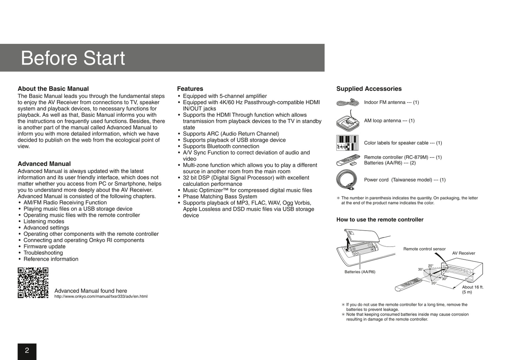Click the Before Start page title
point(73,58)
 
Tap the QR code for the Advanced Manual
point(33,283)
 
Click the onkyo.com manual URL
point(101,297)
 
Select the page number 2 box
point(27,351)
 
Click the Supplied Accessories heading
point(369,89)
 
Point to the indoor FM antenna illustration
point(347,103)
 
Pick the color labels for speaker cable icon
point(347,143)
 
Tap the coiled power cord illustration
point(347,180)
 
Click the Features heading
point(190,89)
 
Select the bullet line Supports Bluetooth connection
point(221,146)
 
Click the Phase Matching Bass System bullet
point(220,197)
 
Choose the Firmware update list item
point(44,247)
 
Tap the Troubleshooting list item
point(43,253)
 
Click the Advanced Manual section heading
point(44,164)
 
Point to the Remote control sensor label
point(424,249)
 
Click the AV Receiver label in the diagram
point(463,253)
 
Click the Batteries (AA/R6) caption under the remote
point(360,272)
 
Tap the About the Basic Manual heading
point(53,89)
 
